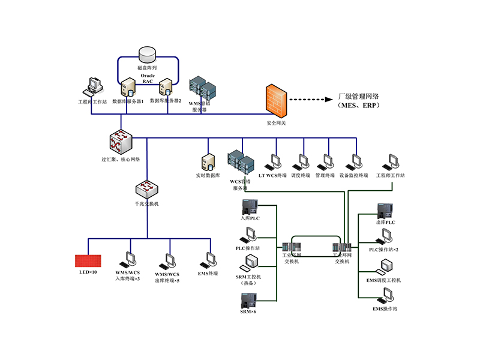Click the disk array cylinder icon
pyautogui.click(x=146, y=55)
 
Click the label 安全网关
pyautogui.click(x=276, y=123)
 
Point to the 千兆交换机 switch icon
pyautogui.click(x=146, y=189)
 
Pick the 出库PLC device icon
pyautogui.click(x=385, y=212)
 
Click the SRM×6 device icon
pyautogui.click(x=248, y=301)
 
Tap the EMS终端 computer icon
pyautogui.click(x=211, y=259)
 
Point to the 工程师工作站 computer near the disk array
pyautogui.click(x=92, y=88)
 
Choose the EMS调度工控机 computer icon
pyautogui.click(x=385, y=267)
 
